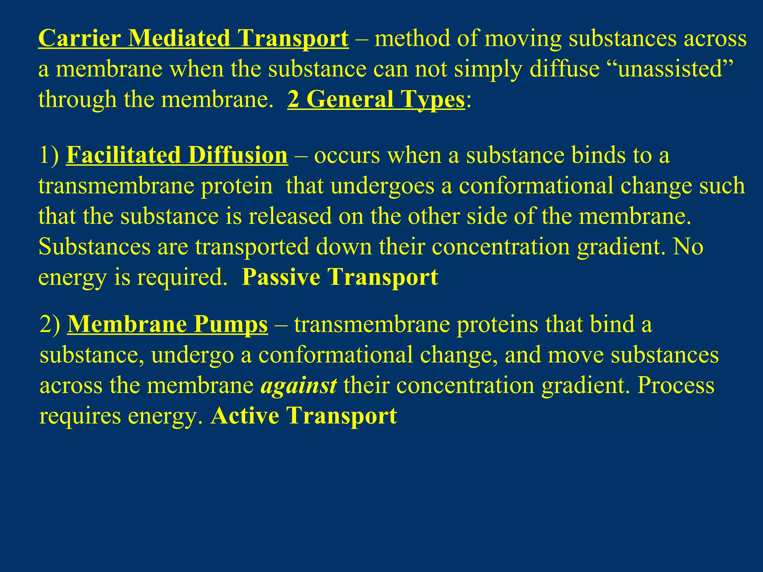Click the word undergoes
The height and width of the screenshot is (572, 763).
coord(382,186)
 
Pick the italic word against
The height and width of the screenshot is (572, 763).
coord(298,385)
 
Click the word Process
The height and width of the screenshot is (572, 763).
coord(675,385)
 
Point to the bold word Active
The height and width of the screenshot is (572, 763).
coord(244,416)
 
